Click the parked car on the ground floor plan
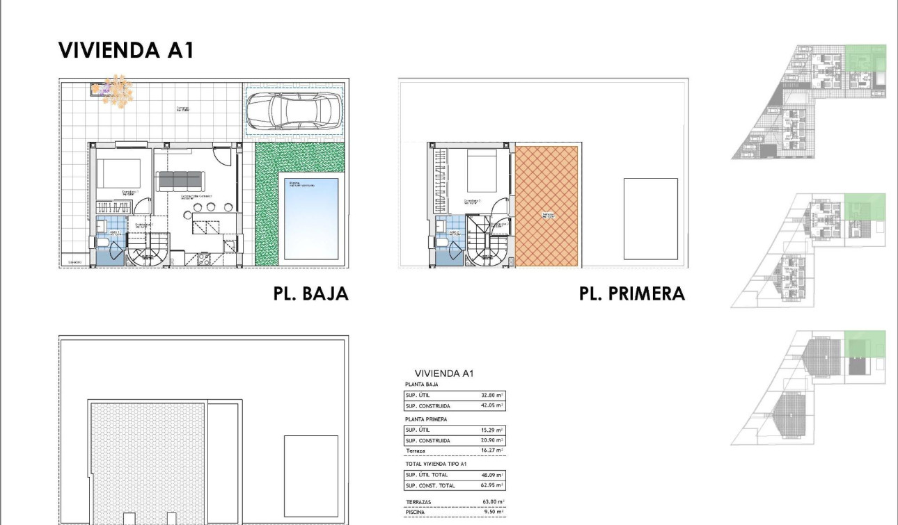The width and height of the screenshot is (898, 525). [x=294, y=111]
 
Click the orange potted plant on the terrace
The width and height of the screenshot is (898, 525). [x=117, y=91]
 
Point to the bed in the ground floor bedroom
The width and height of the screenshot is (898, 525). [x=118, y=174]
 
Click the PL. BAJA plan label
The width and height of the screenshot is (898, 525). [x=310, y=293]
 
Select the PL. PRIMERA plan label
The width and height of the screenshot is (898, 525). [x=631, y=293]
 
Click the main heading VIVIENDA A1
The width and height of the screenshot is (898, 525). [x=125, y=50]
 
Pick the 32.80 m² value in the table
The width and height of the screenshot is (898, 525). [x=491, y=395]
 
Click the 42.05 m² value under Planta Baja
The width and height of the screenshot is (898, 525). [x=491, y=405]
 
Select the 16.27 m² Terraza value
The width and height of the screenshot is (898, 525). [x=491, y=451]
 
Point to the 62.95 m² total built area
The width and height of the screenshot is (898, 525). [x=491, y=485]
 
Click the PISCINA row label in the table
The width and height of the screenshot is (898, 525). [x=416, y=512]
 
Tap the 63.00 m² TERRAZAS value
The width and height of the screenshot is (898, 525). [x=491, y=501]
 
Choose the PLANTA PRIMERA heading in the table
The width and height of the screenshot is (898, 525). [x=426, y=419]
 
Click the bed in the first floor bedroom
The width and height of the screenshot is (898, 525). [x=482, y=170]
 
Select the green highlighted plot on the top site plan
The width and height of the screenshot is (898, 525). [x=865, y=68]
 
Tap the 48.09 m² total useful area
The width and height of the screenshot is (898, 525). [x=491, y=475]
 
